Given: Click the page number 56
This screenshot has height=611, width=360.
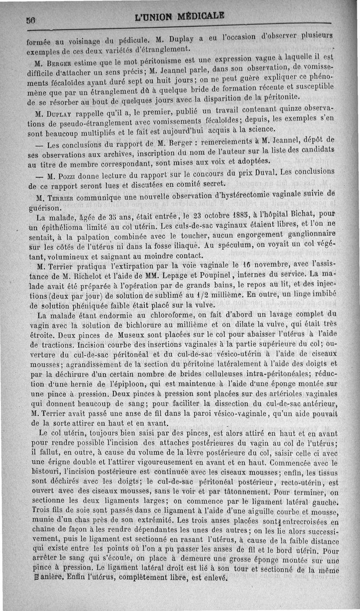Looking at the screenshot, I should [x=31, y=20].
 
